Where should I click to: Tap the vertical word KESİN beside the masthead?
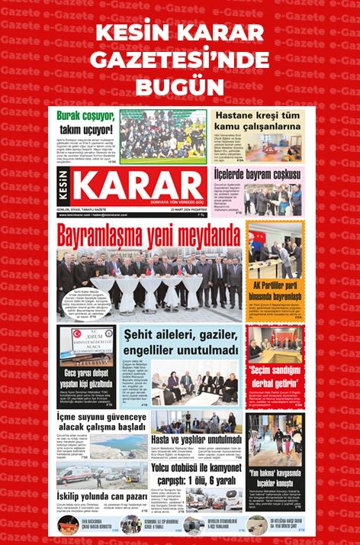point(65,188)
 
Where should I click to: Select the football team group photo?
point(162,138)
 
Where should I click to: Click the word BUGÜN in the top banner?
point(180,83)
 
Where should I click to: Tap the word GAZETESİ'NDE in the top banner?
point(180,59)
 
